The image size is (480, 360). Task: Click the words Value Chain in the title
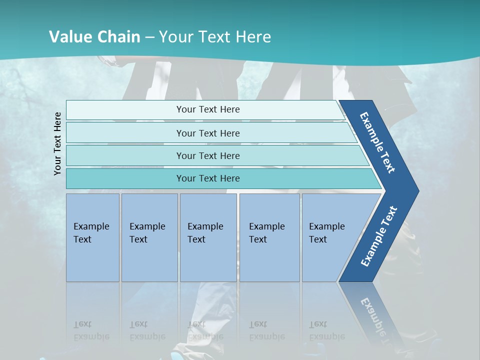(x=94, y=36)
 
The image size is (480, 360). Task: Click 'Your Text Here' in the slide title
(x=215, y=36)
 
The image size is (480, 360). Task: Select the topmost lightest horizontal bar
(x=125, y=110)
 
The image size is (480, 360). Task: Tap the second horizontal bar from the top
(x=125, y=133)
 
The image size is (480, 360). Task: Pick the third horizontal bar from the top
(x=125, y=155)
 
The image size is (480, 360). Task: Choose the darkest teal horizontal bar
(x=125, y=178)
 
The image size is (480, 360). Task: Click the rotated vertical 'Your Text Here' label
(x=57, y=144)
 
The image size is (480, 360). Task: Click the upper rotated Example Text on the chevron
(x=377, y=142)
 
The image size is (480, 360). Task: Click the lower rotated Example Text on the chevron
(x=378, y=236)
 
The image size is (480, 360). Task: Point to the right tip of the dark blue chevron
(x=417, y=191)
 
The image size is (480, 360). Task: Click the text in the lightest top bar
(x=208, y=109)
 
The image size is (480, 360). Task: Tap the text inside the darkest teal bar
(x=208, y=178)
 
